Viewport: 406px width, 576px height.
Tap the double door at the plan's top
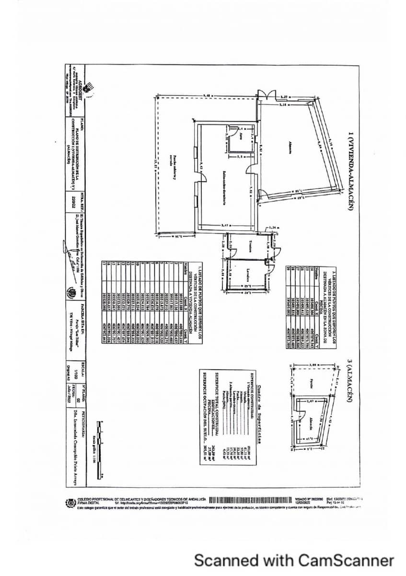coord(265,95)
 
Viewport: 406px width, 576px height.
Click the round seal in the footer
coord(71,502)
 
